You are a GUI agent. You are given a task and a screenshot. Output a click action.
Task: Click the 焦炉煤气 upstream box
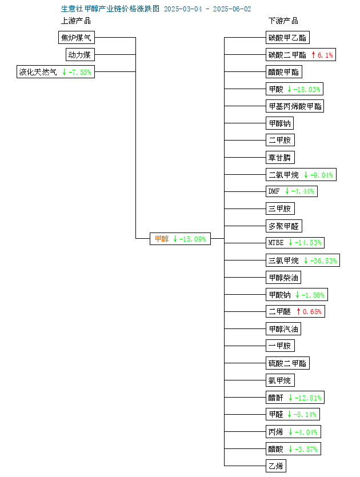click(77, 38)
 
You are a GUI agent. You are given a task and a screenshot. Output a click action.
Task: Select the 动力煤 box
click(80, 55)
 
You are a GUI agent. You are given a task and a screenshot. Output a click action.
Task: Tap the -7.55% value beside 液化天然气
click(80, 72)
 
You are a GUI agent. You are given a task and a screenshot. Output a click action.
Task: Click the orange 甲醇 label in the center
click(162, 239)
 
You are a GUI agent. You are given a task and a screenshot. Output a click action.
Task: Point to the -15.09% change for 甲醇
click(193, 239)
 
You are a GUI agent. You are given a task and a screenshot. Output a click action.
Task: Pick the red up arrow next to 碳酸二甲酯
click(313, 55)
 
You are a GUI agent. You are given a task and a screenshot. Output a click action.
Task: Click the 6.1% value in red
click(325, 55)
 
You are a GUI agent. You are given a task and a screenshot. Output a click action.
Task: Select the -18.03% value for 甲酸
click(307, 90)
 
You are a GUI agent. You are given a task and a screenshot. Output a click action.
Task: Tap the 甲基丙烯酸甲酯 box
click(295, 106)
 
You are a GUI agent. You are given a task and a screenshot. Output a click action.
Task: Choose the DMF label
click(274, 191)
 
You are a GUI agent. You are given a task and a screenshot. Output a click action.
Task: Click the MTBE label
click(275, 242)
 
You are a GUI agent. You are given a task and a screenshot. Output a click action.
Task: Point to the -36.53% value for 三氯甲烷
click(323, 260)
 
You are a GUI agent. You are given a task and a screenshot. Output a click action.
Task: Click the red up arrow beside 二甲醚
click(298, 311)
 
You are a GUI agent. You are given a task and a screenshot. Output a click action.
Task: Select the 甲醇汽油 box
click(283, 329)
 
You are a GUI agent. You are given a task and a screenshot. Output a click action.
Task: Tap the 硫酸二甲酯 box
click(287, 363)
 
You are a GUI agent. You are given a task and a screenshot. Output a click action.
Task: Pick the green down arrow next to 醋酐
click(290, 398)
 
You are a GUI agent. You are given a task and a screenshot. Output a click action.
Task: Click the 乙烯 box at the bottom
click(275, 466)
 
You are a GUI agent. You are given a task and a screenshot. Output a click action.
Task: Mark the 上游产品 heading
click(76, 21)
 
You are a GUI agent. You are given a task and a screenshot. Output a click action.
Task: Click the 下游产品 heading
click(283, 21)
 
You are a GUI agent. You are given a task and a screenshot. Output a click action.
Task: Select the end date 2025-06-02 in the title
click(232, 9)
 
